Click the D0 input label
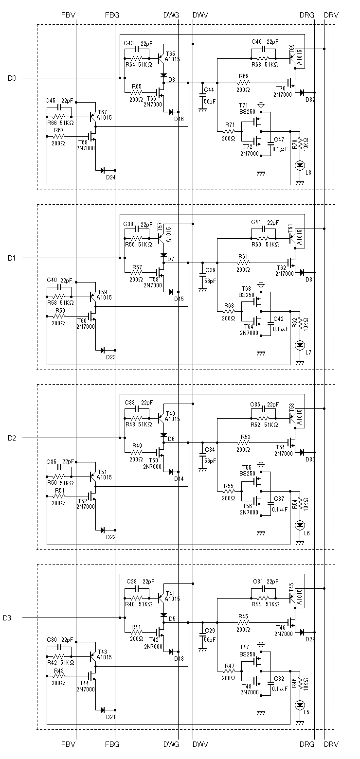tap(12, 78)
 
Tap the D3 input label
tap(7, 618)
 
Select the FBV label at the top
tap(69, 15)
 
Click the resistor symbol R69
tap(244, 83)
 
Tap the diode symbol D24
tap(102, 170)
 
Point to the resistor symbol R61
tap(244, 263)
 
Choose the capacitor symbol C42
tap(270, 323)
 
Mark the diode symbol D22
tap(102, 530)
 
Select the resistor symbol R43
tap(59, 676)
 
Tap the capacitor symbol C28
tap(137, 588)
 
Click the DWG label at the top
tap(171, 15)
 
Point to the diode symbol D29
tap(301, 632)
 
